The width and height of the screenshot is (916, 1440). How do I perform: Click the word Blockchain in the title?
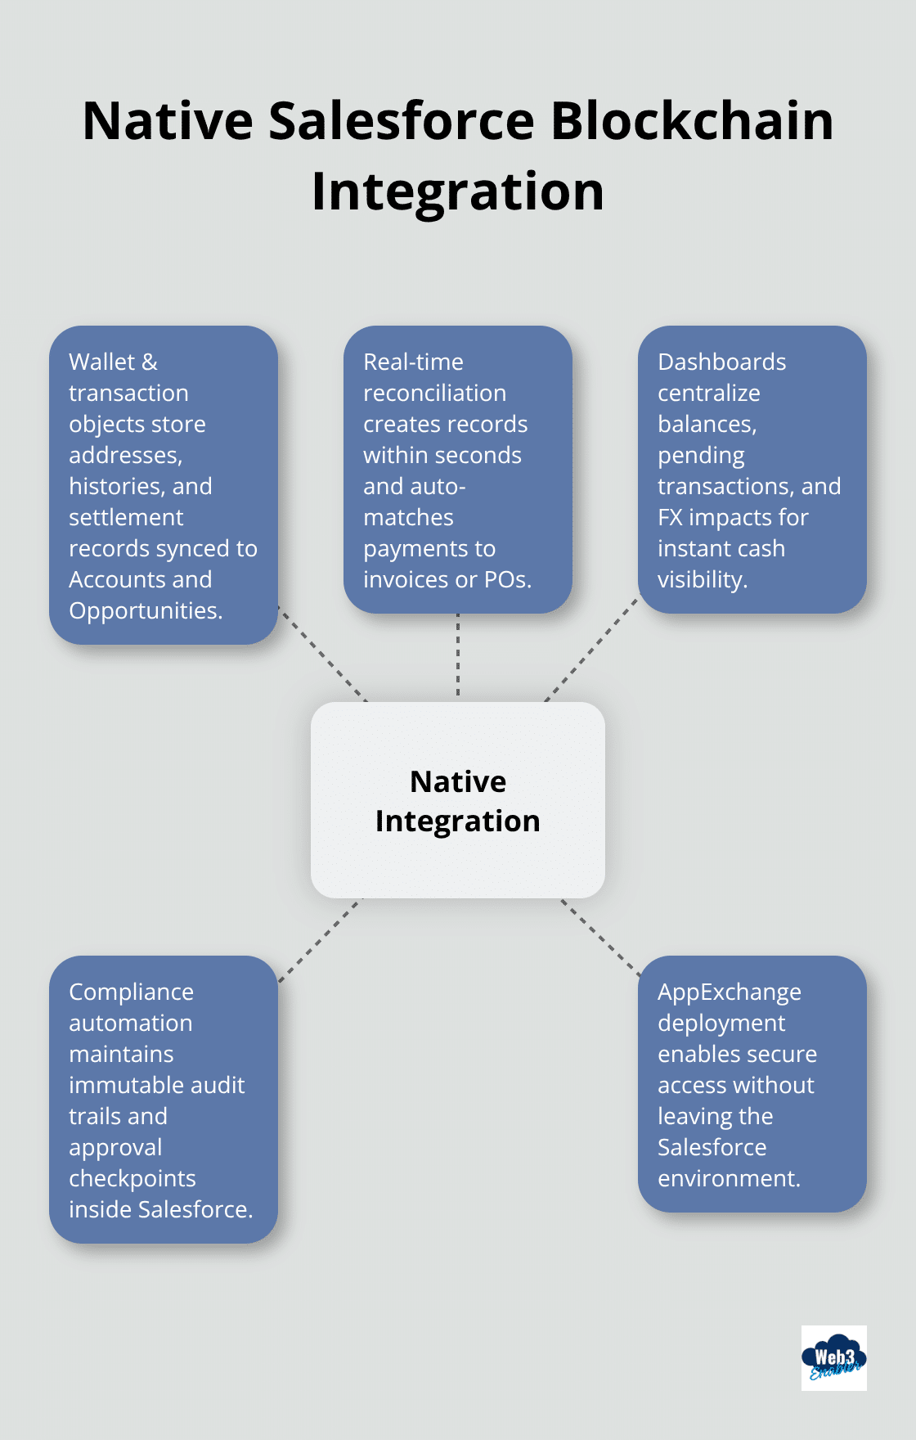point(692,121)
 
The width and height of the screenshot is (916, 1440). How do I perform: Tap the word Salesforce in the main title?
point(401,121)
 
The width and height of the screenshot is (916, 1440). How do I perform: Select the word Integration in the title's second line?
point(458,192)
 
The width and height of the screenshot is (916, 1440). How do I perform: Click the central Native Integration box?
point(458,800)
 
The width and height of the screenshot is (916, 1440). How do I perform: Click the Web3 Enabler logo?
point(833,1358)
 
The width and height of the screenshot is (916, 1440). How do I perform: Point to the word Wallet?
point(101,362)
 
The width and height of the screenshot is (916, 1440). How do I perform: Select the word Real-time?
point(413,362)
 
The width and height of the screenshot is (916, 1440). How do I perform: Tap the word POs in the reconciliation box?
point(506,579)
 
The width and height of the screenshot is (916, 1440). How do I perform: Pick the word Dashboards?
point(721,362)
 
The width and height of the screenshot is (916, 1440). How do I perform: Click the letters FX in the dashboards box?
point(670,517)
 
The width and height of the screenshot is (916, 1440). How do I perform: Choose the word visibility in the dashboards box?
point(701,579)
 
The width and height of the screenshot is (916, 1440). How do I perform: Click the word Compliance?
point(131,992)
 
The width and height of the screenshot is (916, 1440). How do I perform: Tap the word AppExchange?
point(729,992)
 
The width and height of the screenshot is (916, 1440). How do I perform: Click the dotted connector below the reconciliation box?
point(458,655)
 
